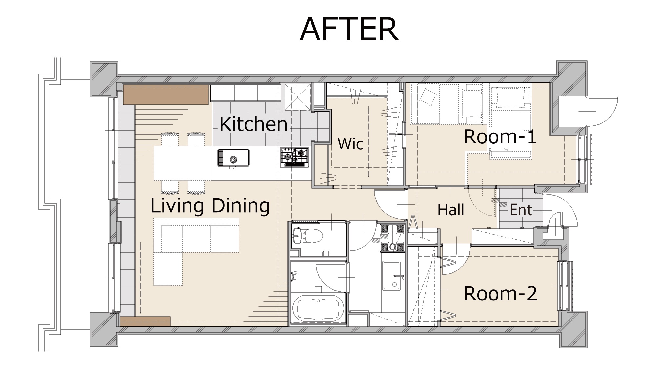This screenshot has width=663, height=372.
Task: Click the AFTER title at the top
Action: coord(349,29)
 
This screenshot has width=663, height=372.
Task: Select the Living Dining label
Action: coord(210,206)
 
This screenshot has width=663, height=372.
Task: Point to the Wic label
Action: coord(351,144)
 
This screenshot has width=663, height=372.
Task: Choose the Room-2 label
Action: coord(500,293)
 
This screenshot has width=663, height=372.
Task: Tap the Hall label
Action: coord(451,210)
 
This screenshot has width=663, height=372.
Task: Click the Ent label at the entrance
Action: coord(521,210)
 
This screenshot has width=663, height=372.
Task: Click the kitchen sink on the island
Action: coord(233,158)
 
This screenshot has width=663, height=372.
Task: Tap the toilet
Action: coord(307,236)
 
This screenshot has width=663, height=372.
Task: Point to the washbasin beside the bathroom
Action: coord(392,276)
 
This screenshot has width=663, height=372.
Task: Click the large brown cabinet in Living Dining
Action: coord(166,95)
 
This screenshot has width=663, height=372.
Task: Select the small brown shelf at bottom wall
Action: coord(145,321)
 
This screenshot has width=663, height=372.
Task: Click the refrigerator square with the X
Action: coord(297,97)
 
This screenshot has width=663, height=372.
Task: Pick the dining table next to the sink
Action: coord(183,163)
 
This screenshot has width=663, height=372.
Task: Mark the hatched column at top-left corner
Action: coord(104,79)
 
